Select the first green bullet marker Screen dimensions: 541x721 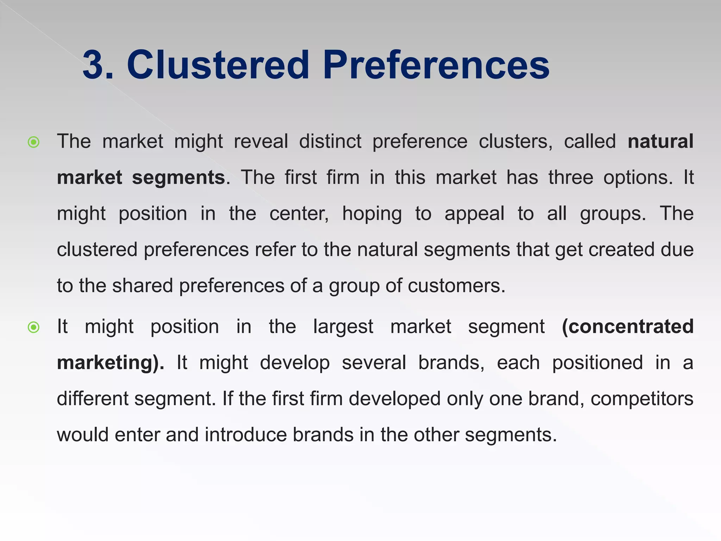33,142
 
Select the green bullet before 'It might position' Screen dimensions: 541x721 33,328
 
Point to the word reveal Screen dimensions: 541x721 261,142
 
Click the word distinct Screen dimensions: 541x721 330,142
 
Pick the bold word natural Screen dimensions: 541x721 660,142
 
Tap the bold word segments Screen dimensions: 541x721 178,178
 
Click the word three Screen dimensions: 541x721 571,178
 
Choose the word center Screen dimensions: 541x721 299,214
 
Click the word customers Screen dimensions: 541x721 456,286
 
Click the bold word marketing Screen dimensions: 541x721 107,363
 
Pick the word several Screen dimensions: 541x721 374,363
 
